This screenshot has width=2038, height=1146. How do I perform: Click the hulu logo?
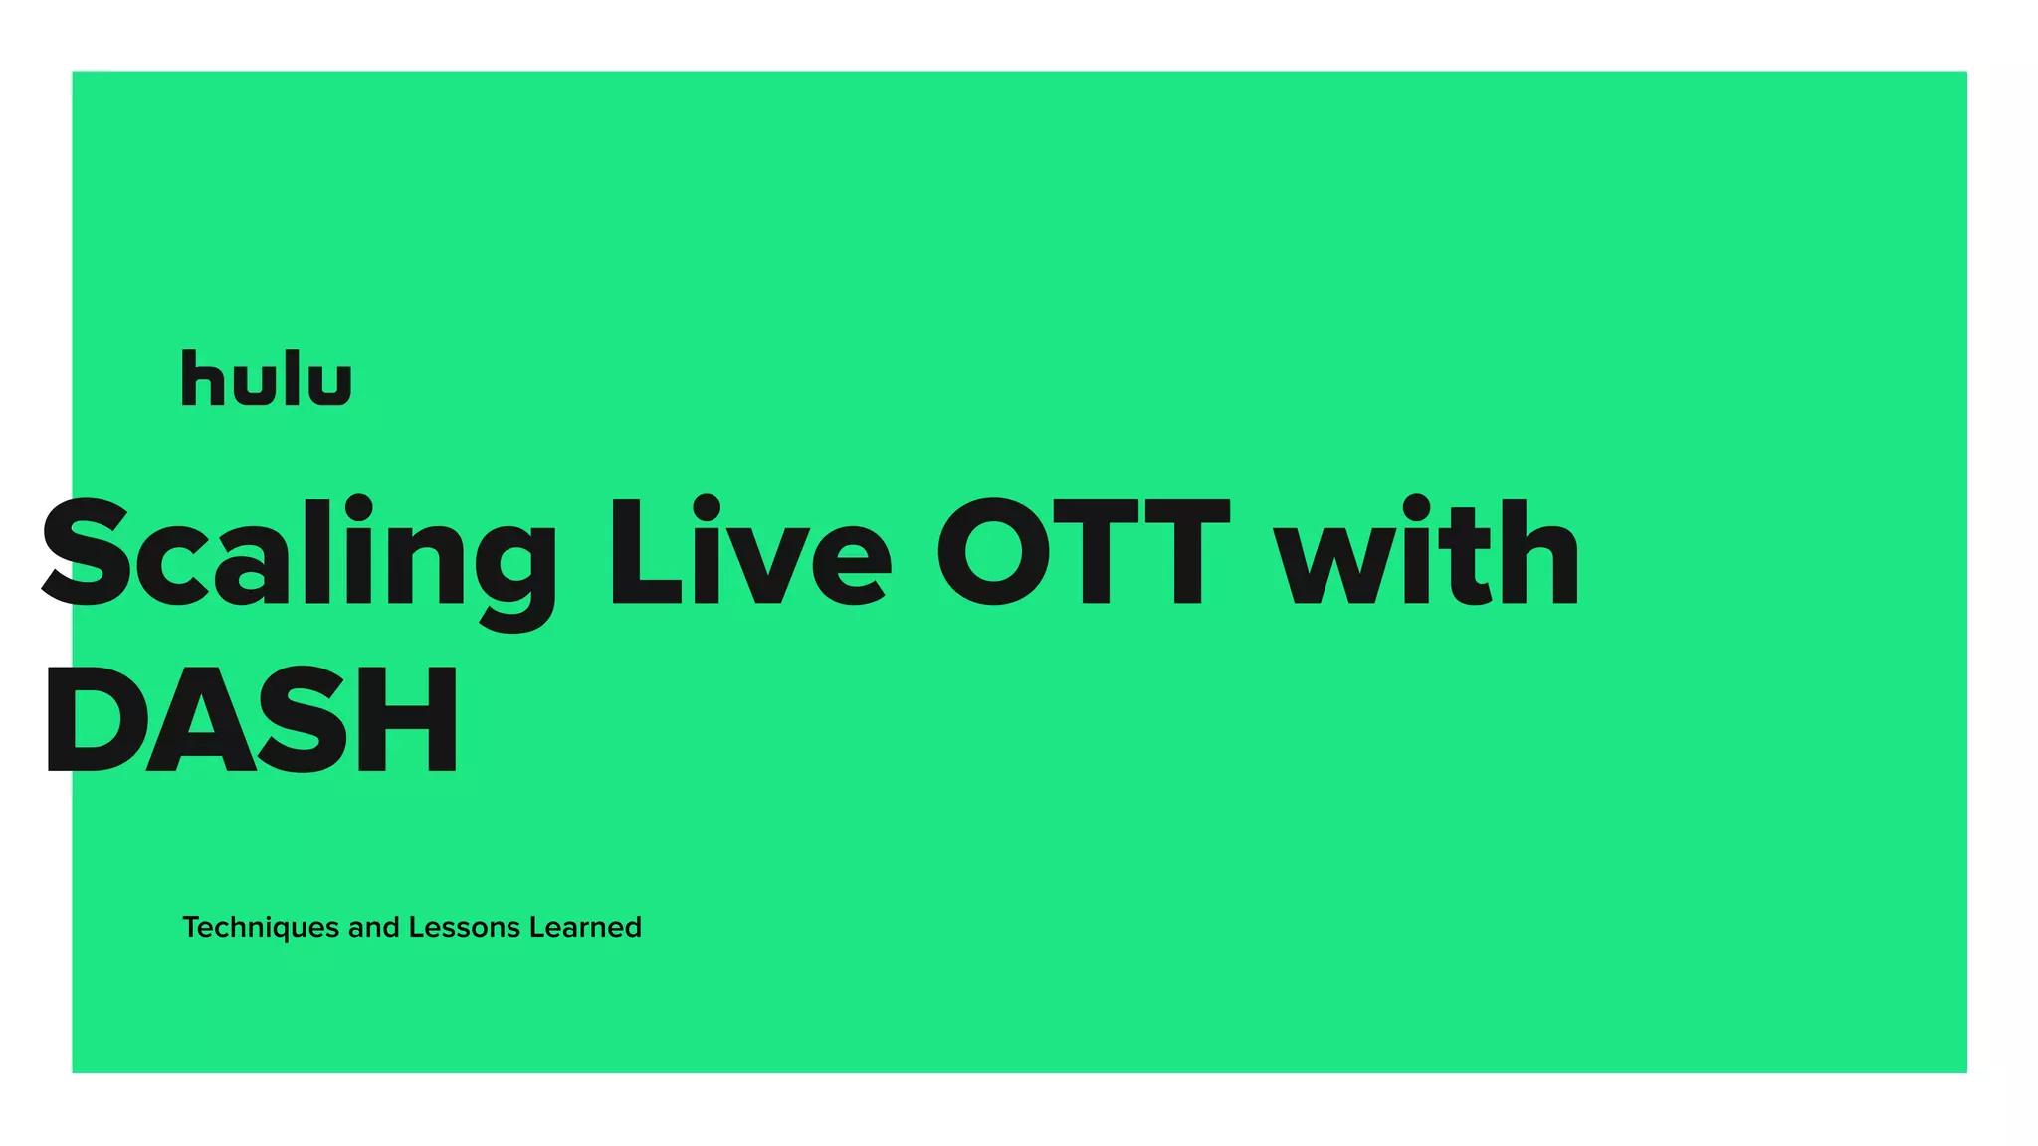266,378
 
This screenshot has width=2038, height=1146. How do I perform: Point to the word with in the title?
1427,553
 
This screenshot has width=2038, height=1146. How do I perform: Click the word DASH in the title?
251,720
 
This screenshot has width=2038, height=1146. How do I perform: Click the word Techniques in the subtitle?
261,928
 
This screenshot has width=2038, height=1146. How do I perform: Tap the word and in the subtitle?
373,928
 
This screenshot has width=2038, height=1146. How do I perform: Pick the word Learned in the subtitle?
585,928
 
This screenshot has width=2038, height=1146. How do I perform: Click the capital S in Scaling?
88,553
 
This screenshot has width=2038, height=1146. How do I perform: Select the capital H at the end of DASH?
408,720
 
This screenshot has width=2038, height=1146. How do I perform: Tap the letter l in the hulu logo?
291,378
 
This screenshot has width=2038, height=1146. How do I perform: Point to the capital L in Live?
643,553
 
